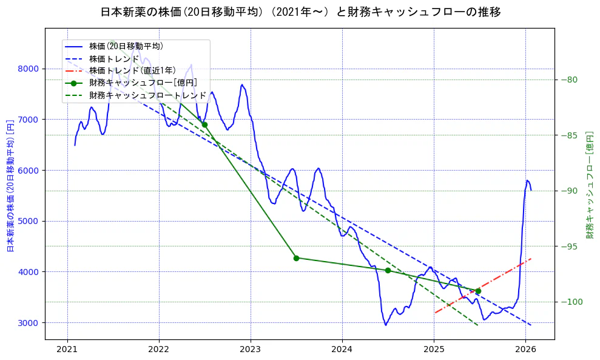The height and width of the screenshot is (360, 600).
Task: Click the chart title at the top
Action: point(300,12)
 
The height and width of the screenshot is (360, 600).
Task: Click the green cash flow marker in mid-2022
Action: point(204,124)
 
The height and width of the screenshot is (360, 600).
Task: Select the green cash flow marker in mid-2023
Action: point(296,258)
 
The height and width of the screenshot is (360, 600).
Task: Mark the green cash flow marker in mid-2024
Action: point(388,270)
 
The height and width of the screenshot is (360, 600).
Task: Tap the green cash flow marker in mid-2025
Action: point(478,291)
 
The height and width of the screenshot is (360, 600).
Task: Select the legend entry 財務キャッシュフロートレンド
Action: point(147,96)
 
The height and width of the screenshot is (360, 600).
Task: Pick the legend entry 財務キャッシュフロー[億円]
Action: point(143,83)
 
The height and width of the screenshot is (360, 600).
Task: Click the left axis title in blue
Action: point(10,185)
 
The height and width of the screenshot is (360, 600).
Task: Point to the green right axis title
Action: point(589,185)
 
